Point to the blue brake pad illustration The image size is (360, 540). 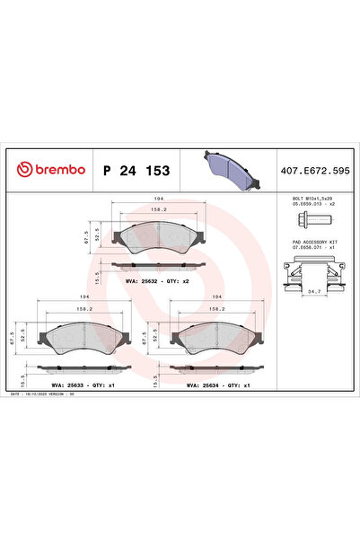pos(229,167)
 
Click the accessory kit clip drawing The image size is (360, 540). pos(312,272)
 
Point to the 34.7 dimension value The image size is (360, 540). pos(313,293)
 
